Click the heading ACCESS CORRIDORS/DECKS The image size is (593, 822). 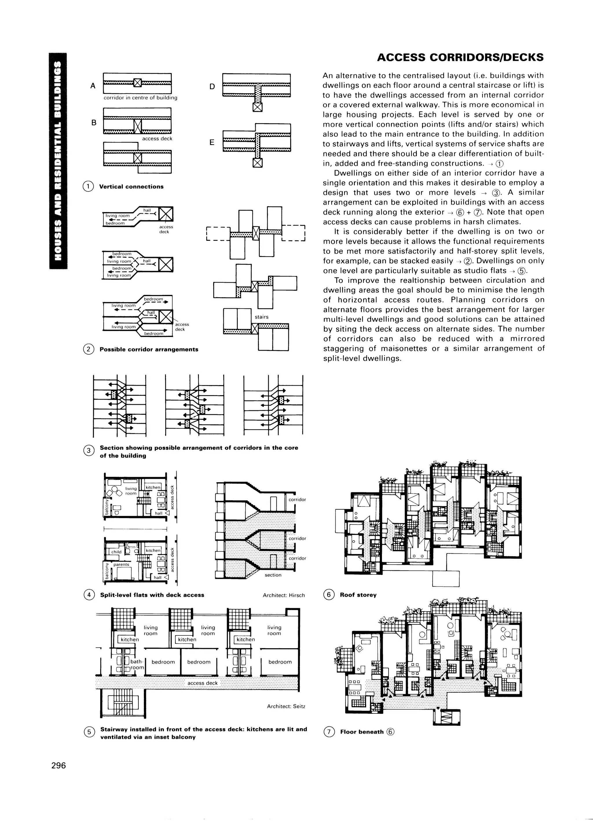click(x=460, y=57)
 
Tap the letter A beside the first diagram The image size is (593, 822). click(x=93, y=86)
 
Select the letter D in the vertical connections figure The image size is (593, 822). click(x=213, y=86)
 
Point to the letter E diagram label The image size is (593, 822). click(x=212, y=143)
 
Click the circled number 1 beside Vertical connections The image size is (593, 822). click(x=88, y=186)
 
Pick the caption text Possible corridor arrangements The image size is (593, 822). click(x=149, y=349)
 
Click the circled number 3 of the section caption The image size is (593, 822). click(x=88, y=451)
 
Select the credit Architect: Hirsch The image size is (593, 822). click(x=284, y=595)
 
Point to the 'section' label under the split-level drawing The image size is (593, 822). click(x=273, y=575)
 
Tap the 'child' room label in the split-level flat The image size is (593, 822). click(x=116, y=552)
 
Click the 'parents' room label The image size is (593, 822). click(x=121, y=564)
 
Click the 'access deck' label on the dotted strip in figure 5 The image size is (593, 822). click(x=202, y=683)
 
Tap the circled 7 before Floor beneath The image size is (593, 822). click(x=329, y=732)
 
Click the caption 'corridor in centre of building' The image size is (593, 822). click(x=140, y=98)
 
